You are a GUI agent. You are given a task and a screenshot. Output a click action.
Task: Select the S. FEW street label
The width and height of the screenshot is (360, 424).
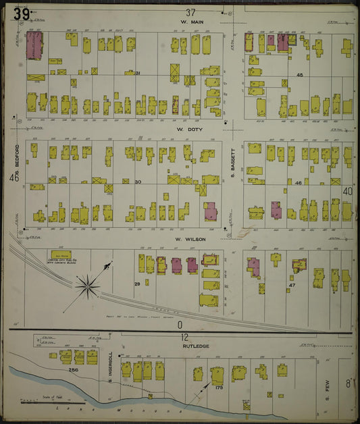(326, 386)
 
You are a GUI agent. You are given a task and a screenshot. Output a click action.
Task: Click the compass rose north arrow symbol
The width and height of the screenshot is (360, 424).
(88, 287)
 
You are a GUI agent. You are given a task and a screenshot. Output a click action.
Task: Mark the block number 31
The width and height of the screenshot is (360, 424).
(136, 73)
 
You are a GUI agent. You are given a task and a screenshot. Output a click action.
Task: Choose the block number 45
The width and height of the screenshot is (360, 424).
(299, 75)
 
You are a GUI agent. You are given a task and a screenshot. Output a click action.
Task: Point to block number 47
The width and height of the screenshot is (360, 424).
(292, 286)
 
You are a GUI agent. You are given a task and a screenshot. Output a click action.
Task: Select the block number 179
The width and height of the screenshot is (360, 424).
(219, 387)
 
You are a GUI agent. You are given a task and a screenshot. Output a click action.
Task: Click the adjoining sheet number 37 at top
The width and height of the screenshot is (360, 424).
(190, 11)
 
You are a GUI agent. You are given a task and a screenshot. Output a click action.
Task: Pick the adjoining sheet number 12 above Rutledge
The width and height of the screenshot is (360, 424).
(184, 336)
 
